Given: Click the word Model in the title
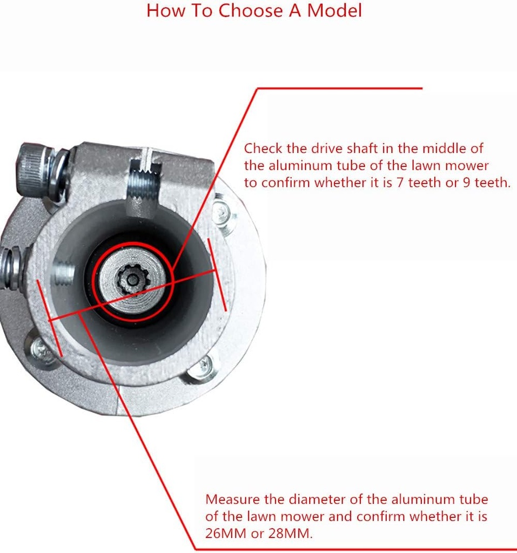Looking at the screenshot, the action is [334, 10].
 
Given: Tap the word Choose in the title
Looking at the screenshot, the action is [250, 10].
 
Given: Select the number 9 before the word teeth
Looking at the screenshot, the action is [467, 183].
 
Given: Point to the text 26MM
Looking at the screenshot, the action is [225, 533].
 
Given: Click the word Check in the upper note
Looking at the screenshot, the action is [263, 149].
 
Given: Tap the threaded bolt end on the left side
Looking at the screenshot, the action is [9, 268].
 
